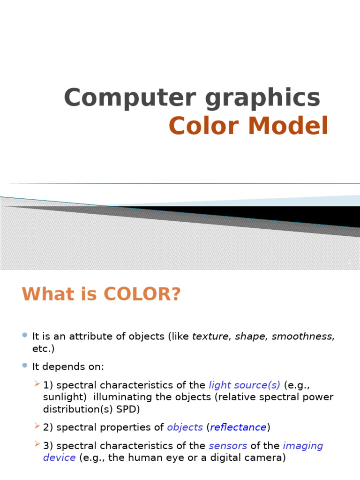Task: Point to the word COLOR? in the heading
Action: tap(142, 294)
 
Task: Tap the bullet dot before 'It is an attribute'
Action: tap(25, 335)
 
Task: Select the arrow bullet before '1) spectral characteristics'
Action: tap(37, 384)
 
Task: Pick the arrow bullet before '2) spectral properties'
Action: tap(37, 426)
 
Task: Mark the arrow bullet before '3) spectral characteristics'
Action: tap(37, 445)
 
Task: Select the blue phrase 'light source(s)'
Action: tap(245, 385)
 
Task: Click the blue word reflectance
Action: tap(238, 427)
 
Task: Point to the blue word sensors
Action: tap(228, 446)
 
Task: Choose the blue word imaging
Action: tap(303, 446)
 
